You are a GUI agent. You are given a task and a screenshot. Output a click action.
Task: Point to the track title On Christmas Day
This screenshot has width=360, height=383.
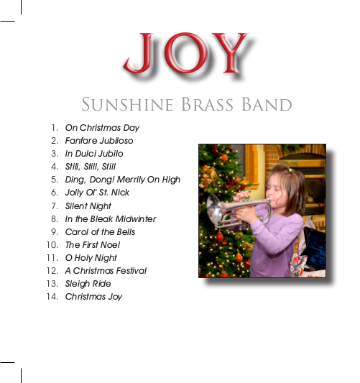pos(102,128)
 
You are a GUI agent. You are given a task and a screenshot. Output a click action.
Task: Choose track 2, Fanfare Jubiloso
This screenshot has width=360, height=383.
pos(99,141)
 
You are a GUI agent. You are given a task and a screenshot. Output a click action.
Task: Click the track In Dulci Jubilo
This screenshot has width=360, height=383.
pos(94,154)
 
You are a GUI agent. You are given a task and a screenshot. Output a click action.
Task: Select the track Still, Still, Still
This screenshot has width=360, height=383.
pos(91,167)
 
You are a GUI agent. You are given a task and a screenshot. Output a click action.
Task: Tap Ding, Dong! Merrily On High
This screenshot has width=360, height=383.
pos(123,180)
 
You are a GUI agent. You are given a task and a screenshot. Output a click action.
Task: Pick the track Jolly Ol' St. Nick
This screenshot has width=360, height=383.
pos(98,193)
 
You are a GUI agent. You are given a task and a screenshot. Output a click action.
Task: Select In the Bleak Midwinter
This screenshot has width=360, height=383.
pos(111,219)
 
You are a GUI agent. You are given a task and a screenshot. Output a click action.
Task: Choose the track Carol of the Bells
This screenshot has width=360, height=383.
pos(100,232)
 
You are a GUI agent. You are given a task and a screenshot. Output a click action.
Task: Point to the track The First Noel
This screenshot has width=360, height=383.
pos(93,245)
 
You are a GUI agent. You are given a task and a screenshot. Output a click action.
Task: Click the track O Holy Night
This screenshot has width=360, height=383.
pos(91,258)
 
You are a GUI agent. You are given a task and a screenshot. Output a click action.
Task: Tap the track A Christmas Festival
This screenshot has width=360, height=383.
pos(106,271)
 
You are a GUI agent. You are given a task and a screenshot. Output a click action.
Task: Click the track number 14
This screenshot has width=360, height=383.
pos(52,297)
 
